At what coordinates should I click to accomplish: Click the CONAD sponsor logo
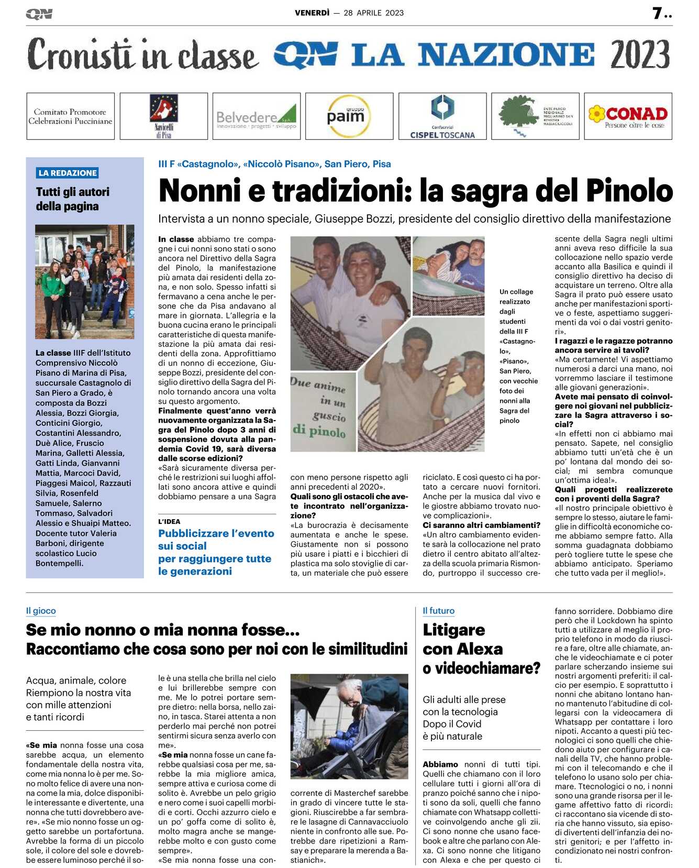(x=628, y=116)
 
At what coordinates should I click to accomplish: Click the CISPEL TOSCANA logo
(x=442, y=116)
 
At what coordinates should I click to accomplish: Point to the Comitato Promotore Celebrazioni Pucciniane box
(x=70, y=116)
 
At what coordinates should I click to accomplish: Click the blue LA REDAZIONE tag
(x=68, y=173)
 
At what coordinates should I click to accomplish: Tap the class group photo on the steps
(x=85, y=281)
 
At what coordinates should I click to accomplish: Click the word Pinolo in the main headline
(x=629, y=191)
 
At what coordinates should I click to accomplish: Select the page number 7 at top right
(x=657, y=13)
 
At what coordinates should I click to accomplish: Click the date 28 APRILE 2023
(x=373, y=13)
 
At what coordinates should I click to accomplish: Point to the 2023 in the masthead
(x=639, y=54)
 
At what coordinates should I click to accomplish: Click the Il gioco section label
(x=41, y=611)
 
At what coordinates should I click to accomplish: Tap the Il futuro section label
(x=438, y=611)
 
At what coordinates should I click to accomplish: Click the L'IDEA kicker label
(x=169, y=521)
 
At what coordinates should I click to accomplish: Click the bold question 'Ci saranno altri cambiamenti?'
(x=481, y=525)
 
